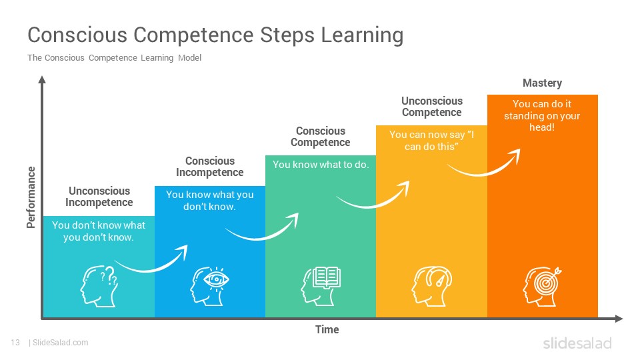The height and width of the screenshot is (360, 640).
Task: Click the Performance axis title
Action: [x=31, y=197]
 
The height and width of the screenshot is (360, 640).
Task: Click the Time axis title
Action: [x=327, y=330]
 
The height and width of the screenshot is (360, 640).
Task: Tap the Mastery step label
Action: [x=542, y=83]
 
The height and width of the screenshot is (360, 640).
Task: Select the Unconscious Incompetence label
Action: [x=99, y=197]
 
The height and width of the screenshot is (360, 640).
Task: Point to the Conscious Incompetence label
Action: [x=210, y=167]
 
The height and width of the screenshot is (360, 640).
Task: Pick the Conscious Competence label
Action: [x=321, y=137]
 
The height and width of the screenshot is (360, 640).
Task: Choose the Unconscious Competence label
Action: [x=431, y=107]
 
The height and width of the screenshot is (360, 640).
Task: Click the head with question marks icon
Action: [x=99, y=283]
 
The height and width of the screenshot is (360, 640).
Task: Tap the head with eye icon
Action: [x=210, y=283]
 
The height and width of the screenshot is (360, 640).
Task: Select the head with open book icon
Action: [x=321, y=283]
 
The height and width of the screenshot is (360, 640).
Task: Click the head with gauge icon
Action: [x=431, y=283]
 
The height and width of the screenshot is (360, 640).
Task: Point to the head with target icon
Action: [x=543, y=283]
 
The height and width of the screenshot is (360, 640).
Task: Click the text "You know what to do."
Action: [x=321, y=165]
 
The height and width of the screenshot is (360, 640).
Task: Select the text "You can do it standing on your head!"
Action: [x=542, y=115]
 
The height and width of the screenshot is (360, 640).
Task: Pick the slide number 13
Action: [x=15, y=343]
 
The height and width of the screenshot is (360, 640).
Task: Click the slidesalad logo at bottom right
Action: [x=577, y=343]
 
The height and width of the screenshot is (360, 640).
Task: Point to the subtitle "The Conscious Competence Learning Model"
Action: [x=114, y=58]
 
